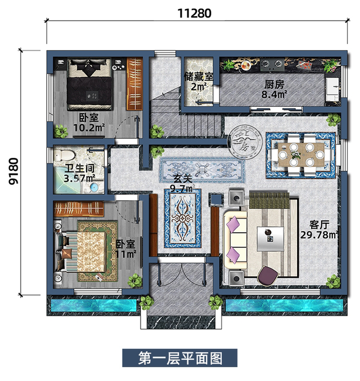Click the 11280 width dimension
click(x=195, y=13)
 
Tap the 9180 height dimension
click(x=13, y=173)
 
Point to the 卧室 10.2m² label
click(x=89, y=123)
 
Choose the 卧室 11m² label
click(x=126, y=249)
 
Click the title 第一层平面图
click(x=180, y=357)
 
